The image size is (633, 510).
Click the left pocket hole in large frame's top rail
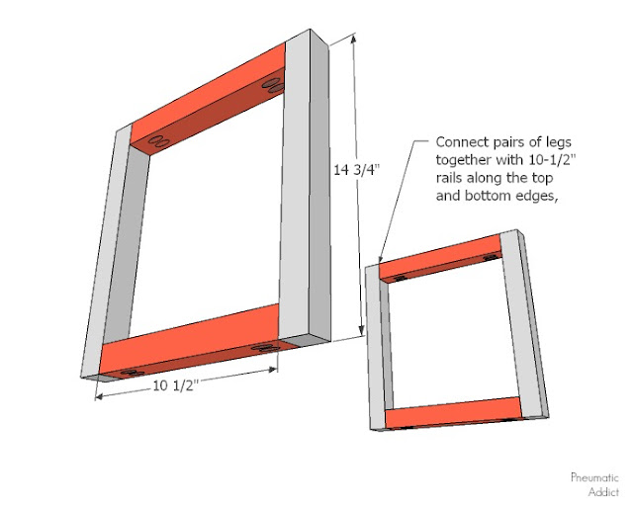click(x=155, y=144)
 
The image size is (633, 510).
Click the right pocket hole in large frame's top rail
click(x=268, y=88)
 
